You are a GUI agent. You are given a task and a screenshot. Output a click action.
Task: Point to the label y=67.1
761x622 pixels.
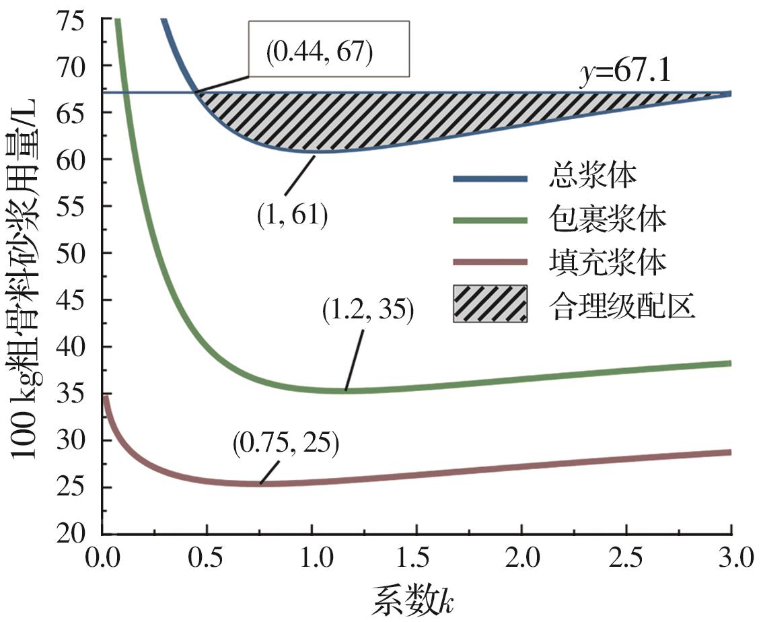click(626, 72)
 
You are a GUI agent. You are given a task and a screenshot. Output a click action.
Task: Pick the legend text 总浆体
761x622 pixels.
click(592, 179)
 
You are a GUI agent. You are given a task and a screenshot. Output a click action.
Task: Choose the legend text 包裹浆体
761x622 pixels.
click(606, 221)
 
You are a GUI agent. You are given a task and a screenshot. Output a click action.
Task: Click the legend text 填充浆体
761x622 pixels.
click(606, 263)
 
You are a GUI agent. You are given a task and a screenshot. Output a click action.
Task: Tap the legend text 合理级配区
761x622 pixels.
click(622, 305)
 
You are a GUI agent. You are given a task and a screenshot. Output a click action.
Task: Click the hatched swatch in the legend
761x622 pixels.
click(490, 304)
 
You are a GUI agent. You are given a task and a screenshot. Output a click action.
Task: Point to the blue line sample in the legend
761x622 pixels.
click(490, 179)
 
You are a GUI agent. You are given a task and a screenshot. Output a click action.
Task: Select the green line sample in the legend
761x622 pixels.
click(490, 221)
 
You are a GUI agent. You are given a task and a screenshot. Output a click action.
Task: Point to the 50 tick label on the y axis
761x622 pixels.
click(79, 253)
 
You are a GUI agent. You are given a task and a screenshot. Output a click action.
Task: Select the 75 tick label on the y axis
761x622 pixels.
click(79, 19)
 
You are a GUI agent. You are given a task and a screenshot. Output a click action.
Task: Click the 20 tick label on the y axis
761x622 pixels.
click(79, 534)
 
